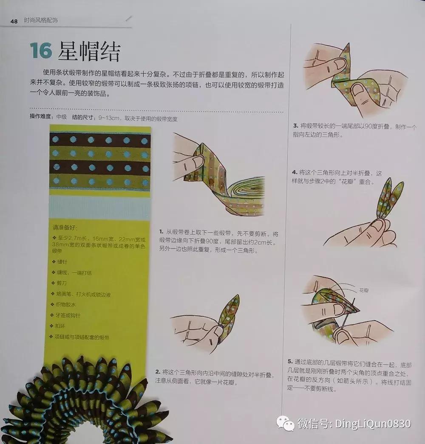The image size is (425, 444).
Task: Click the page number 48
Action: coord(14,22)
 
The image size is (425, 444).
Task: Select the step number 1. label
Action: coord(161,232)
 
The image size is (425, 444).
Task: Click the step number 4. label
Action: coord(295,172)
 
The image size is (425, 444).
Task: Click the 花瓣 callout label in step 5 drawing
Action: coord(364,290)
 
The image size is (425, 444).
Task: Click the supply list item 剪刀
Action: coord(62,283)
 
